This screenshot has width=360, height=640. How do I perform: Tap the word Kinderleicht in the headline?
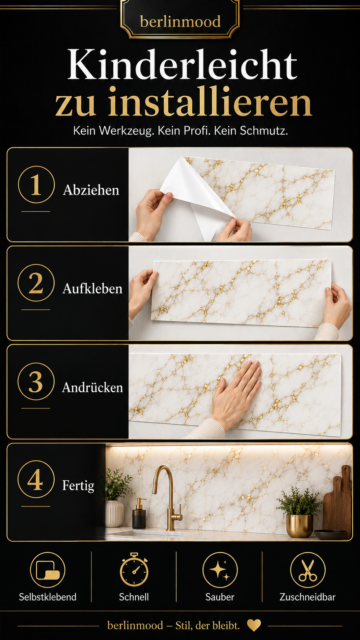click(x=182, y=65)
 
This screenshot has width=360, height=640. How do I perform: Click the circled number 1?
click(x=36, y=184)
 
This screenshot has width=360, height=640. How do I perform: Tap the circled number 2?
click(x=36, y=283)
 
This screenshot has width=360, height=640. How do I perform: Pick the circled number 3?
click(x=36, y=381)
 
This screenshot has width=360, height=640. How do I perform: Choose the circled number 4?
click(x=36, y=480)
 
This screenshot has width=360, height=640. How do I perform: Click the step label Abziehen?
click(x=91, y=190)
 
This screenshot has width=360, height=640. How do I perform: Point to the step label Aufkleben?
click(x=93, y=289)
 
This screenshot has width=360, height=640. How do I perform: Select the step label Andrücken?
click(x=93, y=387)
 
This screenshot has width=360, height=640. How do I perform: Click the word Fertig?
click(x=78, y=486)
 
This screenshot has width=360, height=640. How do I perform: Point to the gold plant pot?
click(x=300, y=526)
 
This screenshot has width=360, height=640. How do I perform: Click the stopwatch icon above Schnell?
click(x=134, y=570)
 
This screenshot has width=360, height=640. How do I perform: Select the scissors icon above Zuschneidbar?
click(x=308, y=570)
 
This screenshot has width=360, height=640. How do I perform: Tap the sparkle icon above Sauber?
click(x=220, y=570)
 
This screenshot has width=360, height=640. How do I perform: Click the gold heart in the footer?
click(x=254, y=625)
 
